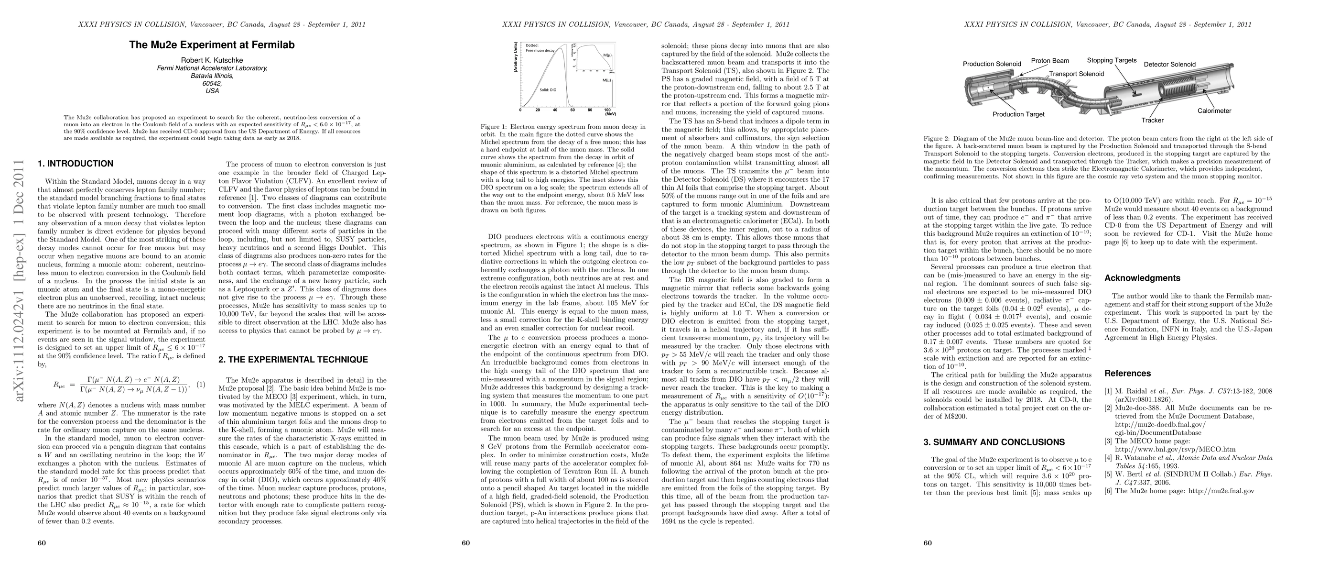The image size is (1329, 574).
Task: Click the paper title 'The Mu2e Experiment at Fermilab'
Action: [x=212, y=45]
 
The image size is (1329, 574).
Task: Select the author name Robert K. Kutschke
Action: [x=212, y=60]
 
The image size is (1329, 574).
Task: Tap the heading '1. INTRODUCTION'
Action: [x=76, y=164]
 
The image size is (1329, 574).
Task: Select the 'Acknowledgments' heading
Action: [x=1142, y=278]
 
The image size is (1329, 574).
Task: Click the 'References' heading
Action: [x=1127, y=374]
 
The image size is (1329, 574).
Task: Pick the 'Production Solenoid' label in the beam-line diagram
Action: [x=992, y=64]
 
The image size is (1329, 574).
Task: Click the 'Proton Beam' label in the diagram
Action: [x=1050, y=61]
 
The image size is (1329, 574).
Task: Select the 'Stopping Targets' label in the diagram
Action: [x=1111, y=60]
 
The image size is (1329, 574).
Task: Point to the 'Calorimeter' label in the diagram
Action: [x=1214, y=111]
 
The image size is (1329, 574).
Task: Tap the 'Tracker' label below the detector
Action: [x=1152, y=120]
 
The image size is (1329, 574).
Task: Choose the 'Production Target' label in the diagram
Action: [x=1018, y=114]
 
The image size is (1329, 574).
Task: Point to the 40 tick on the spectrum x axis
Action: [x=555, y=110]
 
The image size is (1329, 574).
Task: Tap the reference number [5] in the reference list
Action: [x=1108, y=474]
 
